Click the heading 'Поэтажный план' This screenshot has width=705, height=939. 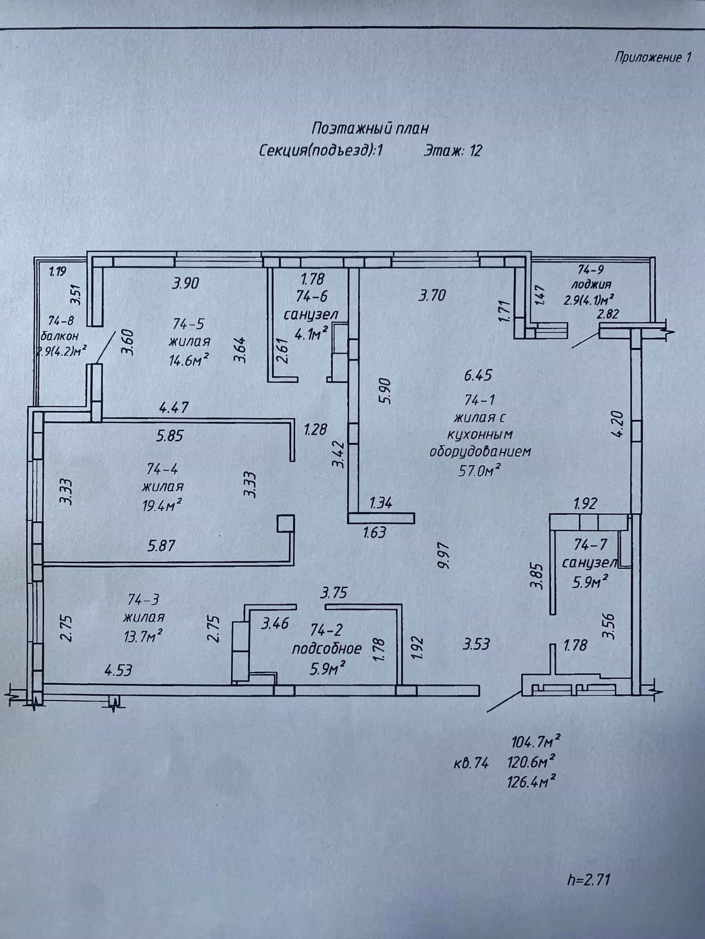pos(370,128)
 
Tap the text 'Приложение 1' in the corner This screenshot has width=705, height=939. pos(653,57)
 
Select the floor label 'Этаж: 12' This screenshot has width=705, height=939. pos(452,150)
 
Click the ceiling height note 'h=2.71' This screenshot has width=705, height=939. pos(588,880)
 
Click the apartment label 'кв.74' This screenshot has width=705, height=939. pos(471,763)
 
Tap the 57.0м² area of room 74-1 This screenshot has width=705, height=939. pos(480,470)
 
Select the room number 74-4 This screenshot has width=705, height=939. pos(162,468)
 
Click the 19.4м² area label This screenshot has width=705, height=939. pos(162,504)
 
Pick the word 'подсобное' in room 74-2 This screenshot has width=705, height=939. pos(326,649)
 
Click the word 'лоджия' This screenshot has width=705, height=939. pos(591,284)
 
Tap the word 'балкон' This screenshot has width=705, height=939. pos(60,335)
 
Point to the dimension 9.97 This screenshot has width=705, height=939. pos(443,555)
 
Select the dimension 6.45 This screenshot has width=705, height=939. pos(478,375)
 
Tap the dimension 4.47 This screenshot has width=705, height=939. pos(173,408)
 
